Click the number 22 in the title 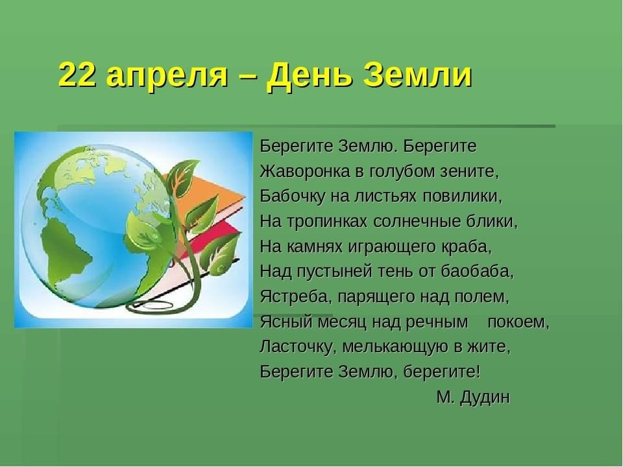78,75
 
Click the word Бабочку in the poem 293,197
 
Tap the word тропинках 326,222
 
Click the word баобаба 477,272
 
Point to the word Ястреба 296,296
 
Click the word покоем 518,322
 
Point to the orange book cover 206,191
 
